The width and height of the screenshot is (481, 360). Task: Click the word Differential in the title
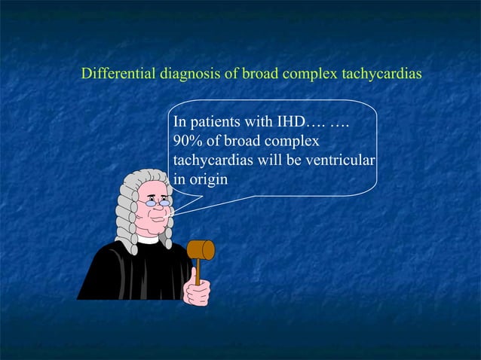[x=117, y=75]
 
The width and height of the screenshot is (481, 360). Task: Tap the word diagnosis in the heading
[x=187, y=75]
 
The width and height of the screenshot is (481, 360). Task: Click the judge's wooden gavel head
[x=201, y=250]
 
